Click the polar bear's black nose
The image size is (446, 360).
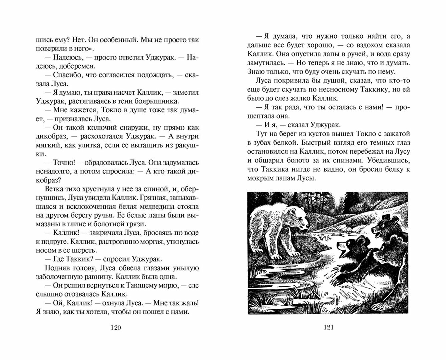click(306, 228)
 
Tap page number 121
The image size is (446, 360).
click(329, 327)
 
